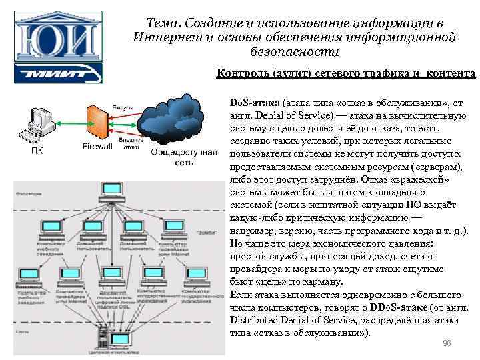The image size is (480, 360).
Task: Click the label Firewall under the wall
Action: pyautogui.click(x=97, y=146)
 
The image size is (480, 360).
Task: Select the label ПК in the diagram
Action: pyautogui.click(x=39, y=150)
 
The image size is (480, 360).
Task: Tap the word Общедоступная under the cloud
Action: pyautogui.click(x=184, y=152)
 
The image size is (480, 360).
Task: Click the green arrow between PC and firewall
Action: pyautogui.click(x=69, y=120)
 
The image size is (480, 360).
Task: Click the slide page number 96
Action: pyautogui.click(x=447, y=343)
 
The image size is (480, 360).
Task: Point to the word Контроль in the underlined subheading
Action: pyautogui.click(x=241, y=73)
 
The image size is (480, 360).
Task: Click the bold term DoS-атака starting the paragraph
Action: pyautogui.click(x=254, y=104)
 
